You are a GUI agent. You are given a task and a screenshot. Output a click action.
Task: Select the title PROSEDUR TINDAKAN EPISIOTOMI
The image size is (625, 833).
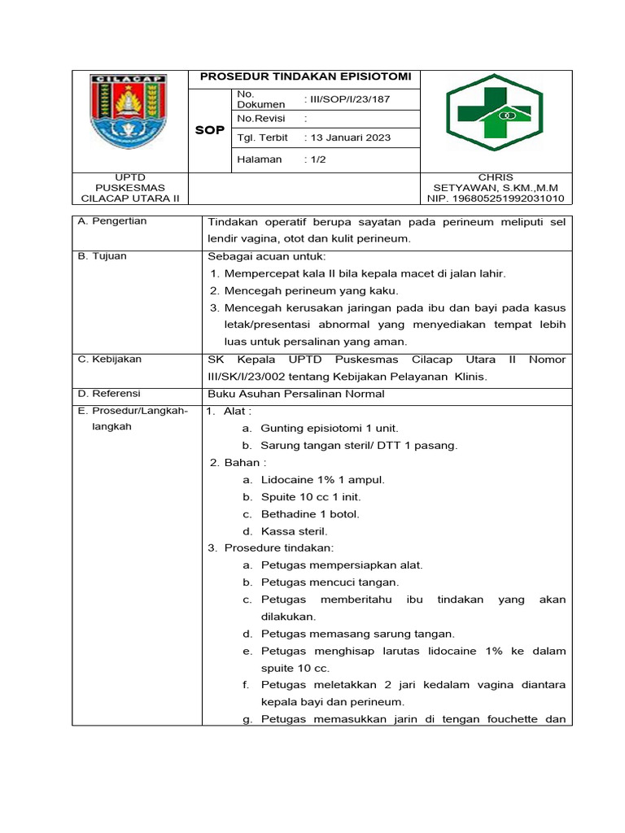[x=305, y=76]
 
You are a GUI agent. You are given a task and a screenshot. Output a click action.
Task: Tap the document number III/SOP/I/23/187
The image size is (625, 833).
[x=347, y=99]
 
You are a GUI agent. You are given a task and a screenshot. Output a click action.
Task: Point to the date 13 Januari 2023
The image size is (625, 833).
[x=347, y=137]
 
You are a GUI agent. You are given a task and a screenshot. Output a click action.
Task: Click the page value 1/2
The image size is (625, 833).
[x=314, y=159]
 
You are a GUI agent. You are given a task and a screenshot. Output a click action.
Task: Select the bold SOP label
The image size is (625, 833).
[x=210, y=130]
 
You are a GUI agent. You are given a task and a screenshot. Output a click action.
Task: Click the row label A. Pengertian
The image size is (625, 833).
[x=112, y=221]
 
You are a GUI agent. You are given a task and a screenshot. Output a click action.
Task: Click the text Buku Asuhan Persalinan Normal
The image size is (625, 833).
[x=295, y=394]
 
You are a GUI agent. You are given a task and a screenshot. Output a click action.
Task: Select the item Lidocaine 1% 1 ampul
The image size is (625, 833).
[x=322, y=480]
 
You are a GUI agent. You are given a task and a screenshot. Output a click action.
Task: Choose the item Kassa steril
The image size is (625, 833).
[x=294, y=531]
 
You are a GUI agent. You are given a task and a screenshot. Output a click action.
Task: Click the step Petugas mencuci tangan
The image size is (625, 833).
[x=330, y=582]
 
